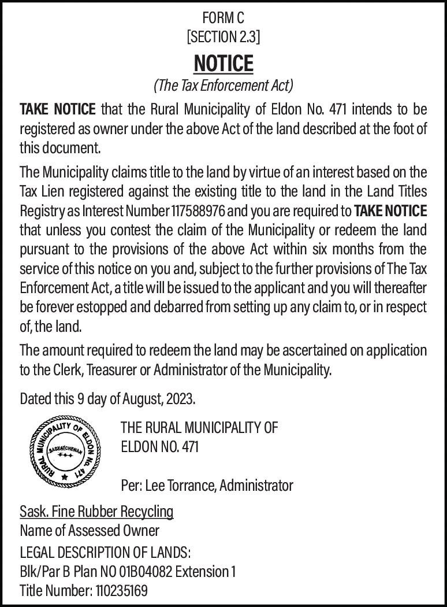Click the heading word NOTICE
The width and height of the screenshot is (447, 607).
pyautogui.click(x=223, y=63)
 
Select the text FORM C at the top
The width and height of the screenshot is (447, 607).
pyautogui.click(x=223, y=18)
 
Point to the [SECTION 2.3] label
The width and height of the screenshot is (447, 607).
pyautogui.click(x=223, y=38)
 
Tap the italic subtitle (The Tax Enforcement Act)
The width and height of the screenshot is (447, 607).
pyautogui.click(x=223, y=86)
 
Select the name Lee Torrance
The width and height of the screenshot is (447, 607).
pyautogui.click(x=180, y=486)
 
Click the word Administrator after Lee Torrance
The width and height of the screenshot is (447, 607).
pyautogui.click(x=256, y=486)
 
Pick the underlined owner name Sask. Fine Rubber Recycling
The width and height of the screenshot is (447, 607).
pyautogui.click(x=96, y=512)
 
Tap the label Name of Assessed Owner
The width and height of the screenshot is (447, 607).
pyautogui.click(x=90, y=530)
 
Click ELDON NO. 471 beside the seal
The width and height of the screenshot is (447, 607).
pyautogui.click(x=159, y=447)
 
